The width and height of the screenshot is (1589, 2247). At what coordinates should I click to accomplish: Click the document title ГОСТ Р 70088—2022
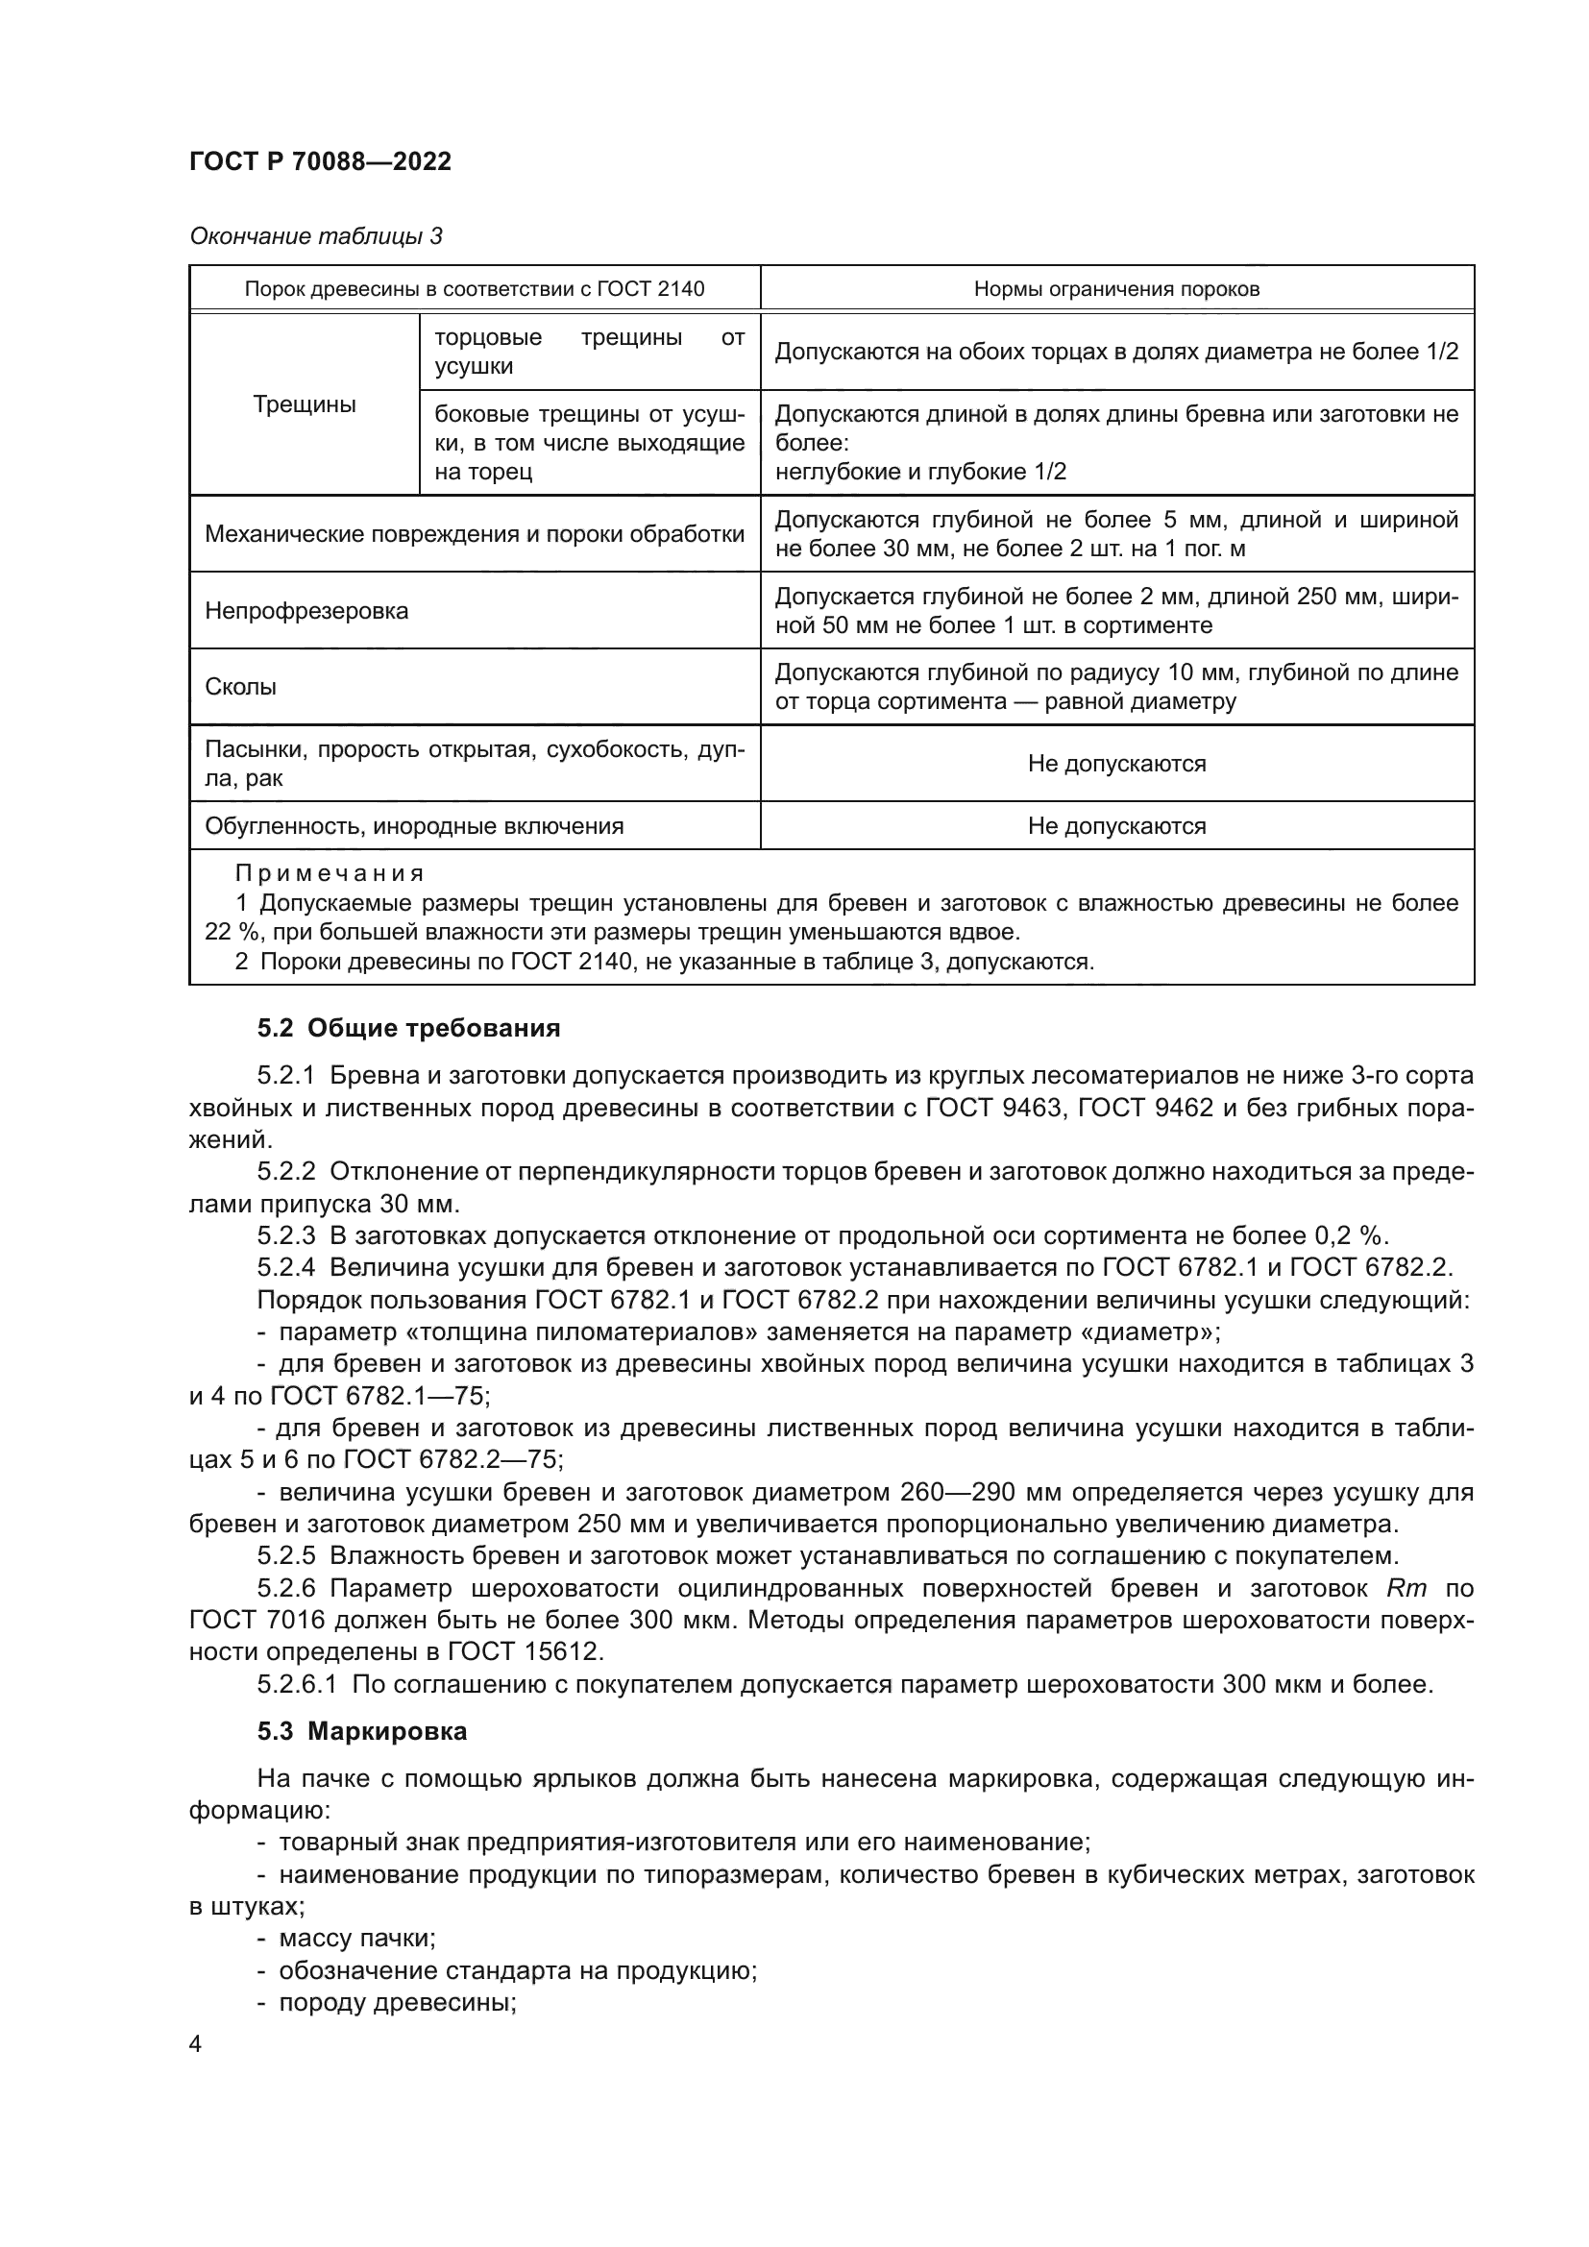tap(320, 162)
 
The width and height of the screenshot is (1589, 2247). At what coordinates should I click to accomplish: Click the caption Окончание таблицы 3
tap(315, 236)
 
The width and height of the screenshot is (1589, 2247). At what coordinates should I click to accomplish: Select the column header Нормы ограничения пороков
tap(1116, 289)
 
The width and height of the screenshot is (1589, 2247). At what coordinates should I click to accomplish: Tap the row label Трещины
tap(305, 404)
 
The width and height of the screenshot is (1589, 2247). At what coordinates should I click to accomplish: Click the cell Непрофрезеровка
tap(306, 611)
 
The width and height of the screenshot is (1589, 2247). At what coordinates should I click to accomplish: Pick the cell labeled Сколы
tap(241, 687)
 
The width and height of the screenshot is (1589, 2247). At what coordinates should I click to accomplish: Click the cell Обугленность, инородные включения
tap(414, 826)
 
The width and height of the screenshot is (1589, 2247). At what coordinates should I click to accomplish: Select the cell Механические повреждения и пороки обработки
tap(475, 534)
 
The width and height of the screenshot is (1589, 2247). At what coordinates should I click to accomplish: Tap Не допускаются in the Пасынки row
tap(1116, 764)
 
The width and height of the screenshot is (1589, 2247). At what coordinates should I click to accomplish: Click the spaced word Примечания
tap(329, 873)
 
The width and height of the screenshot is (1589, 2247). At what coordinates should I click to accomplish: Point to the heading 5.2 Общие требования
tap(408, 1029)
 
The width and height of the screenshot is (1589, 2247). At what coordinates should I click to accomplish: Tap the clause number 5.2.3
tap(285, 1235)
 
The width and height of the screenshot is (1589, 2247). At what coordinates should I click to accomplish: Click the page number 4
tap(196, 2043)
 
